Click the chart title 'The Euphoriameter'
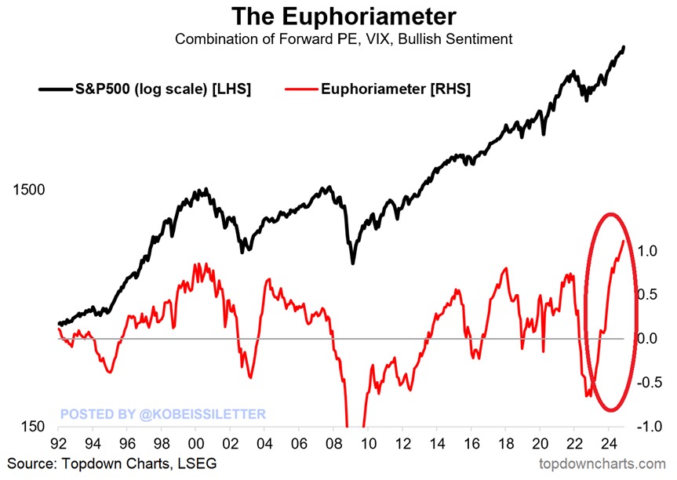click(x=337, y=16)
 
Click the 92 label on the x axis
click(x=59, y=443)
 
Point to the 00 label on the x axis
click(x=196, y=443)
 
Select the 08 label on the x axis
click(x=333, y=443)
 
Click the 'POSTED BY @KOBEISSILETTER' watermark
click(x=163, y=413)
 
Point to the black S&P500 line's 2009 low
click(x=353, y=263)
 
